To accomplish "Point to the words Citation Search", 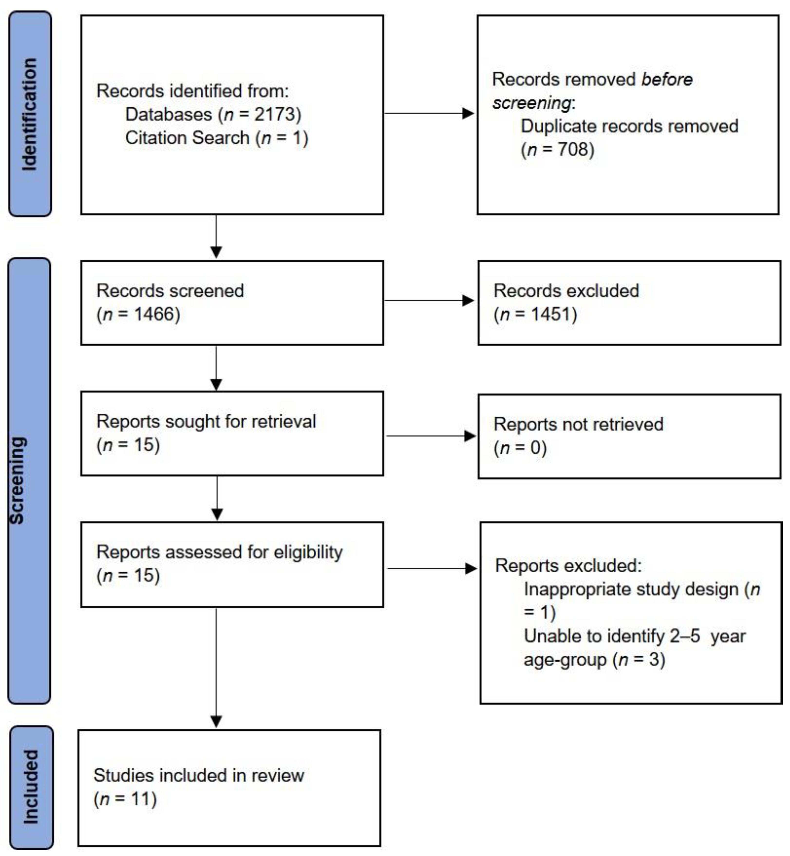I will [187, 138].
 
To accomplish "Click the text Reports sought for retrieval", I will [206, 422].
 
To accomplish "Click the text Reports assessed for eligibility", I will [219, 552].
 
